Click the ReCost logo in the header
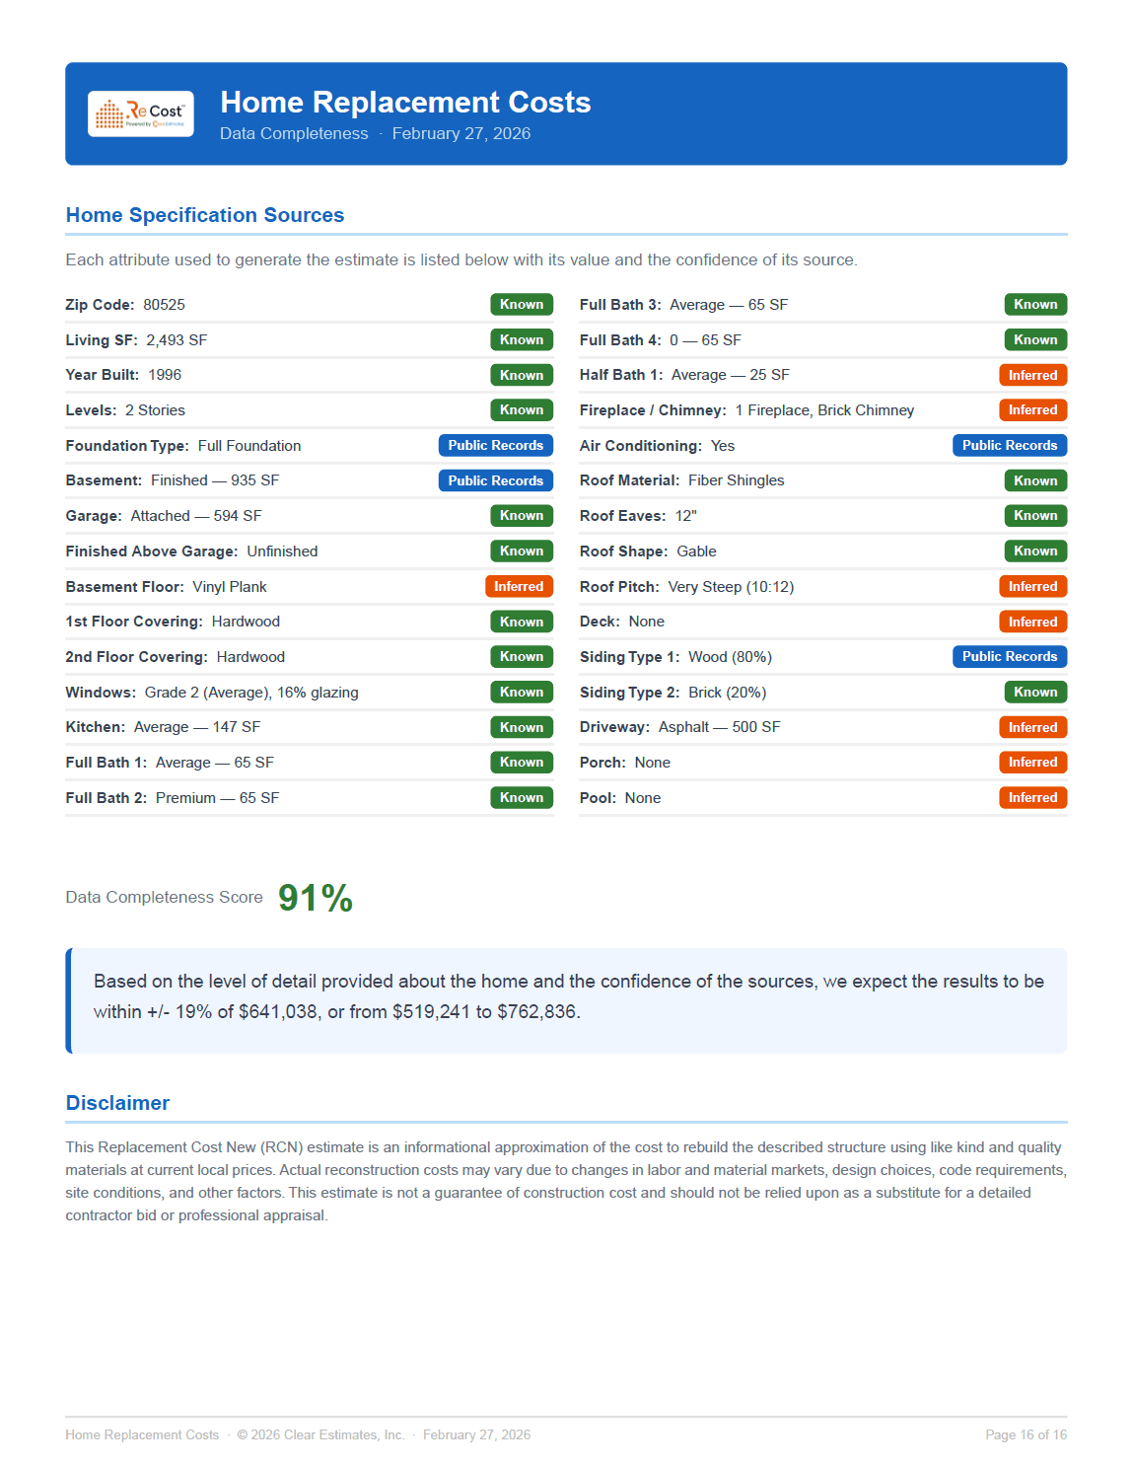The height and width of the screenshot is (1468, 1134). (x=140, y=114)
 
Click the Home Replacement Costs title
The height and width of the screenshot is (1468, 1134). (x=405, y=103)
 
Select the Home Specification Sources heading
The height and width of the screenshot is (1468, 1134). (x=205, y=215)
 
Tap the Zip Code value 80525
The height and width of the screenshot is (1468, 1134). (x=164, y=305)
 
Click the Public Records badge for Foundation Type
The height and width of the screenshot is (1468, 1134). (x=495, y=446)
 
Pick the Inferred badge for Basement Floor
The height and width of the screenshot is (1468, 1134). (x=519, y=587)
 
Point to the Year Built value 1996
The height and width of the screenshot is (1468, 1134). (x=165, y=375)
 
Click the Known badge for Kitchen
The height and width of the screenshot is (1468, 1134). (x=521, y=727)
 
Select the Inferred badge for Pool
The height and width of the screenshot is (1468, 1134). (x=1032, y=798)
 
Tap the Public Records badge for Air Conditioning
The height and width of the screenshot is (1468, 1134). (x=1009, y=446)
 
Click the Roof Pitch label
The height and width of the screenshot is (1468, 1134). (x=619, y=587)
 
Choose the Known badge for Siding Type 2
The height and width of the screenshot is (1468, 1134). (x=1034, y=693)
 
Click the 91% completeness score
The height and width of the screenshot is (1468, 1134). (x=316, y=898)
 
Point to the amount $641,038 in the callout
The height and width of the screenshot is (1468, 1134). (x=278, y=1012)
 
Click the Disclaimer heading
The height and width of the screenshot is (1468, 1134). (x=117, y=1103)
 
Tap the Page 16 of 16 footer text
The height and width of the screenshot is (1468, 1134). (x=1026, y=1434)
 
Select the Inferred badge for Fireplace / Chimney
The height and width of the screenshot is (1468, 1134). (x=1032, y=410)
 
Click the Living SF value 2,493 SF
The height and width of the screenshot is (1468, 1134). (x=177, y=340)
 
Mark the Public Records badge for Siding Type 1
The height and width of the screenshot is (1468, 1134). (x=1009, y=657)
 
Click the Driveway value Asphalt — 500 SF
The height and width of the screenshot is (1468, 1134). (x=719, y=727)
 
